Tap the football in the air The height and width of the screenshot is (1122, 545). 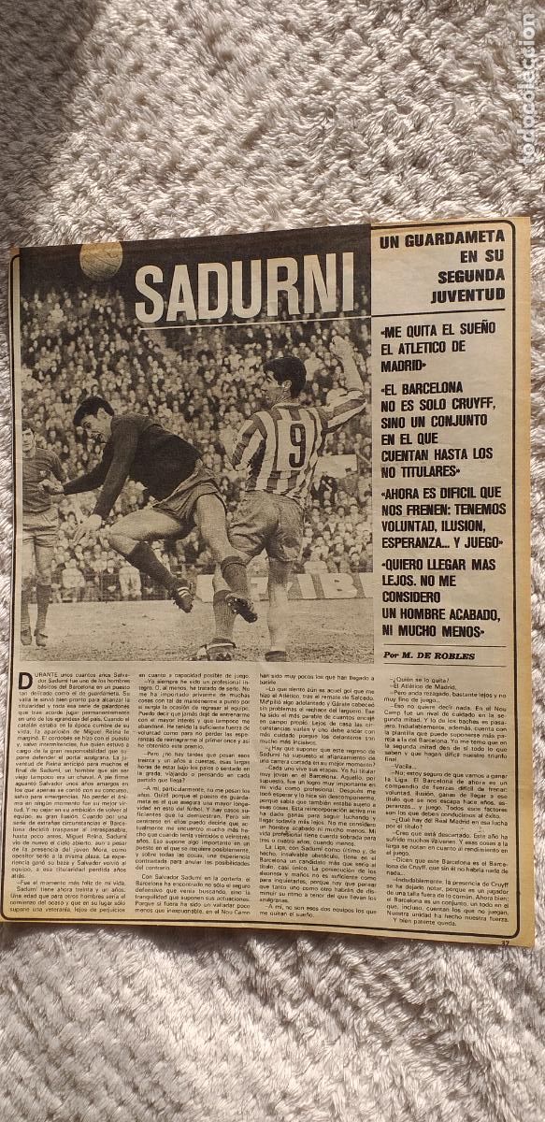coord(101,261)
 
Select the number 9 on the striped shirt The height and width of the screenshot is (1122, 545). coord(296,446)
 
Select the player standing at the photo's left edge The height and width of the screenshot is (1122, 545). coord(37,533)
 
